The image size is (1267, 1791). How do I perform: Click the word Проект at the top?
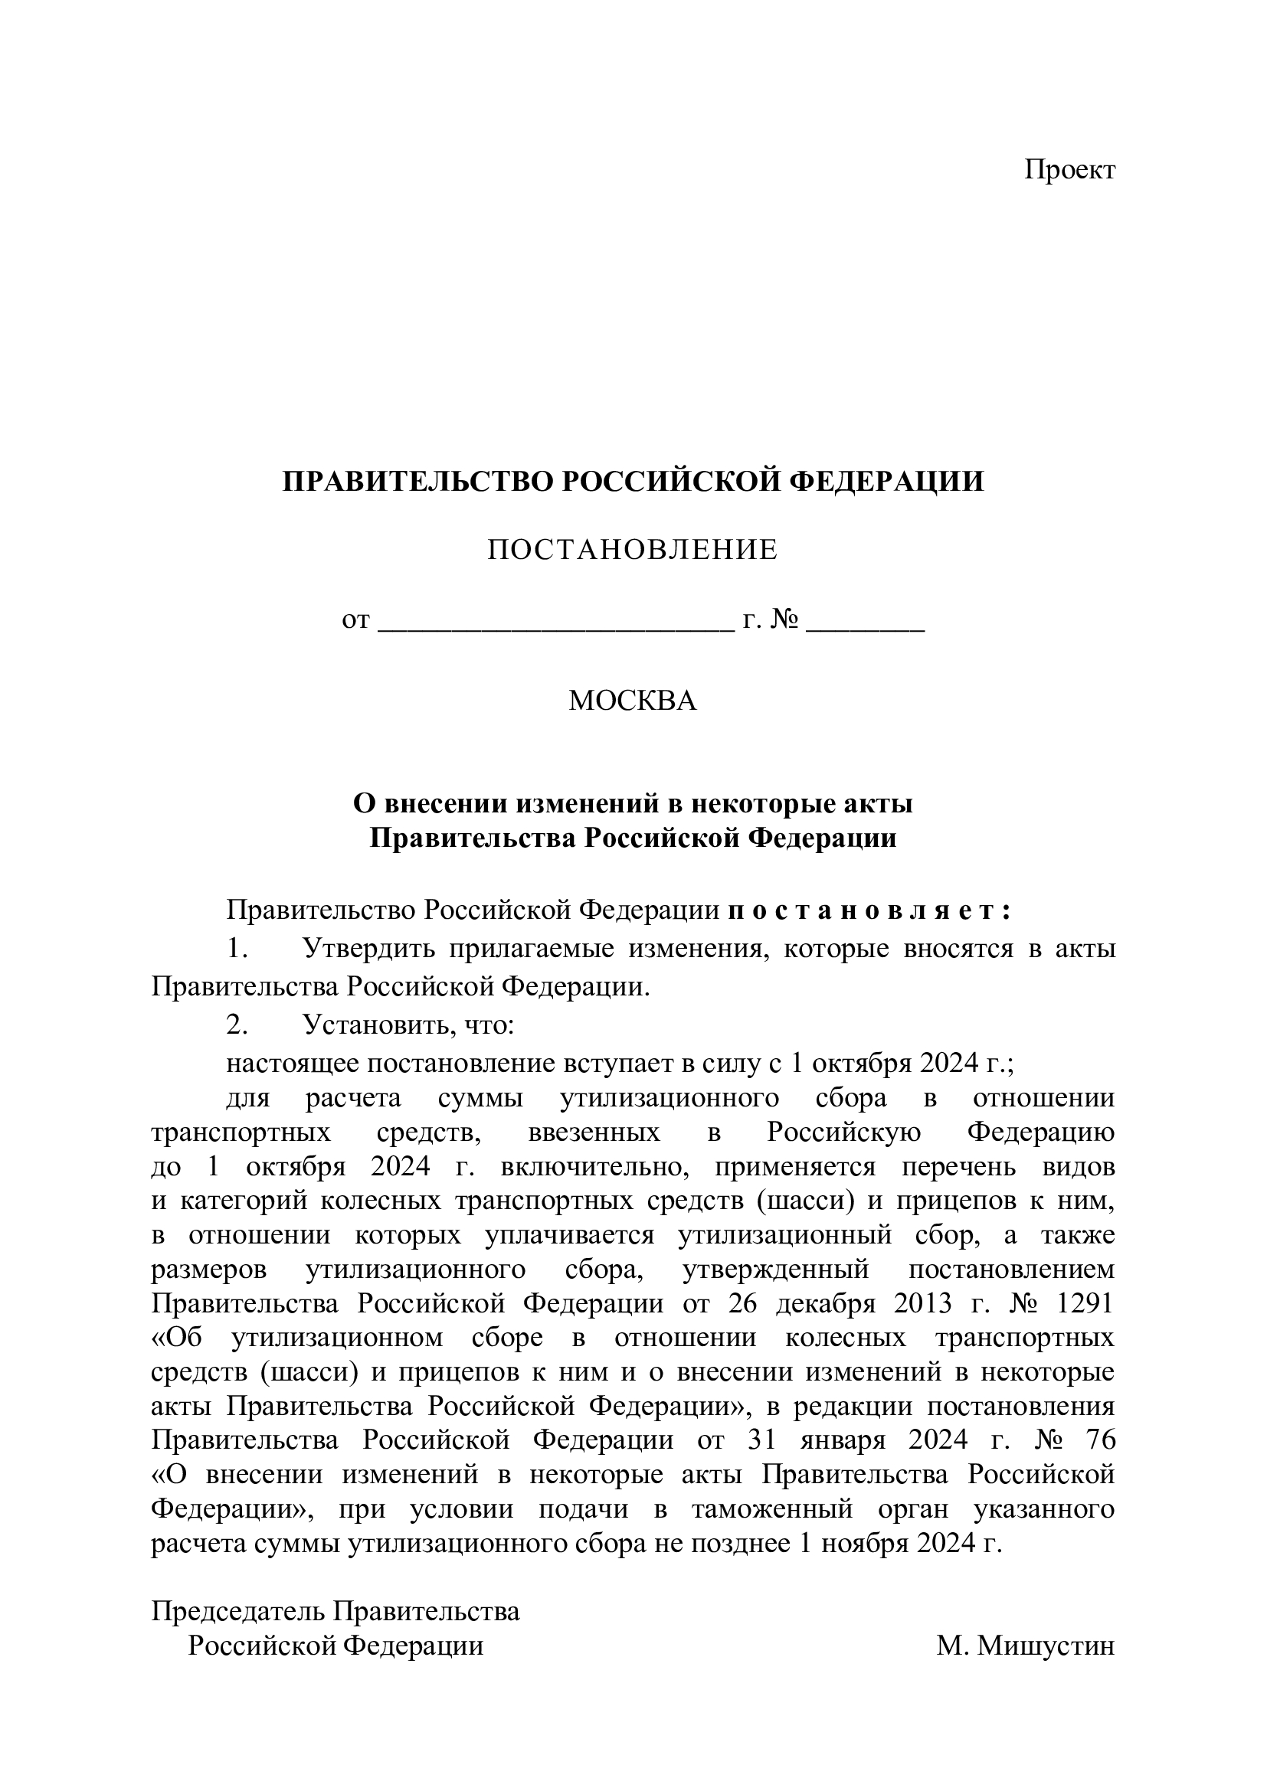tap(1069, 170)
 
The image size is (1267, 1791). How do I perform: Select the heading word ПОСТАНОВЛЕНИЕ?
tap(633, 551)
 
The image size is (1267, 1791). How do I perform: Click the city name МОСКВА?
tap(633, 701)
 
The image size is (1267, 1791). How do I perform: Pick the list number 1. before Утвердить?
tap(237, 949)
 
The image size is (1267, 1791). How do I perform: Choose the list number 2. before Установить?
tap(237, 1025)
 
